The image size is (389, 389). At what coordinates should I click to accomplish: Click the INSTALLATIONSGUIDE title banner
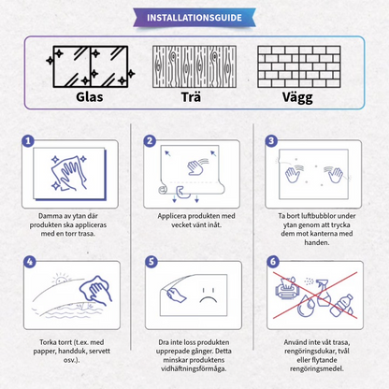click(x=194, y=16)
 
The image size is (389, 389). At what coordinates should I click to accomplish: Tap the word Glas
click(x=77, y=96)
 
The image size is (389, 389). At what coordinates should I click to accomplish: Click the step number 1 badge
click(x=29, y=141)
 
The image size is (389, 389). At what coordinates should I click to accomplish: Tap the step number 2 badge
click(x=149, y=141)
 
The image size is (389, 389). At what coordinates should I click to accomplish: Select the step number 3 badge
click(x=271, y=141)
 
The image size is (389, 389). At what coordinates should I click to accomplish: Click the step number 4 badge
click(x=29, y=264)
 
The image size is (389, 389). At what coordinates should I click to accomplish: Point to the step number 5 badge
click(x=149, y=264)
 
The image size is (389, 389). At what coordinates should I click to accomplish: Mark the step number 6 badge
click(x=271, y=264)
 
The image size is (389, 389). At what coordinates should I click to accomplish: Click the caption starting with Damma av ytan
click(x=71, y=225)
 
